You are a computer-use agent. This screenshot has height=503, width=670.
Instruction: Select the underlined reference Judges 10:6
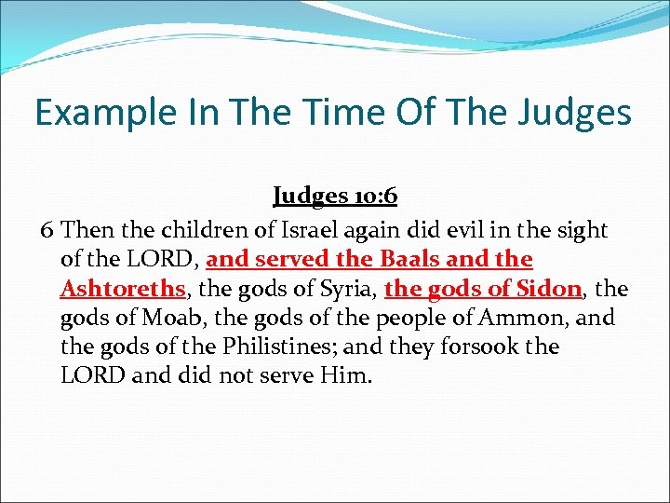click(x=334, y=197)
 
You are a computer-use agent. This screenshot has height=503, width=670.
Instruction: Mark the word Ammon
click(x=527, y=318)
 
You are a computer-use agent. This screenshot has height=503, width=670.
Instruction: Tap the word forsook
click(x=483, y=347)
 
